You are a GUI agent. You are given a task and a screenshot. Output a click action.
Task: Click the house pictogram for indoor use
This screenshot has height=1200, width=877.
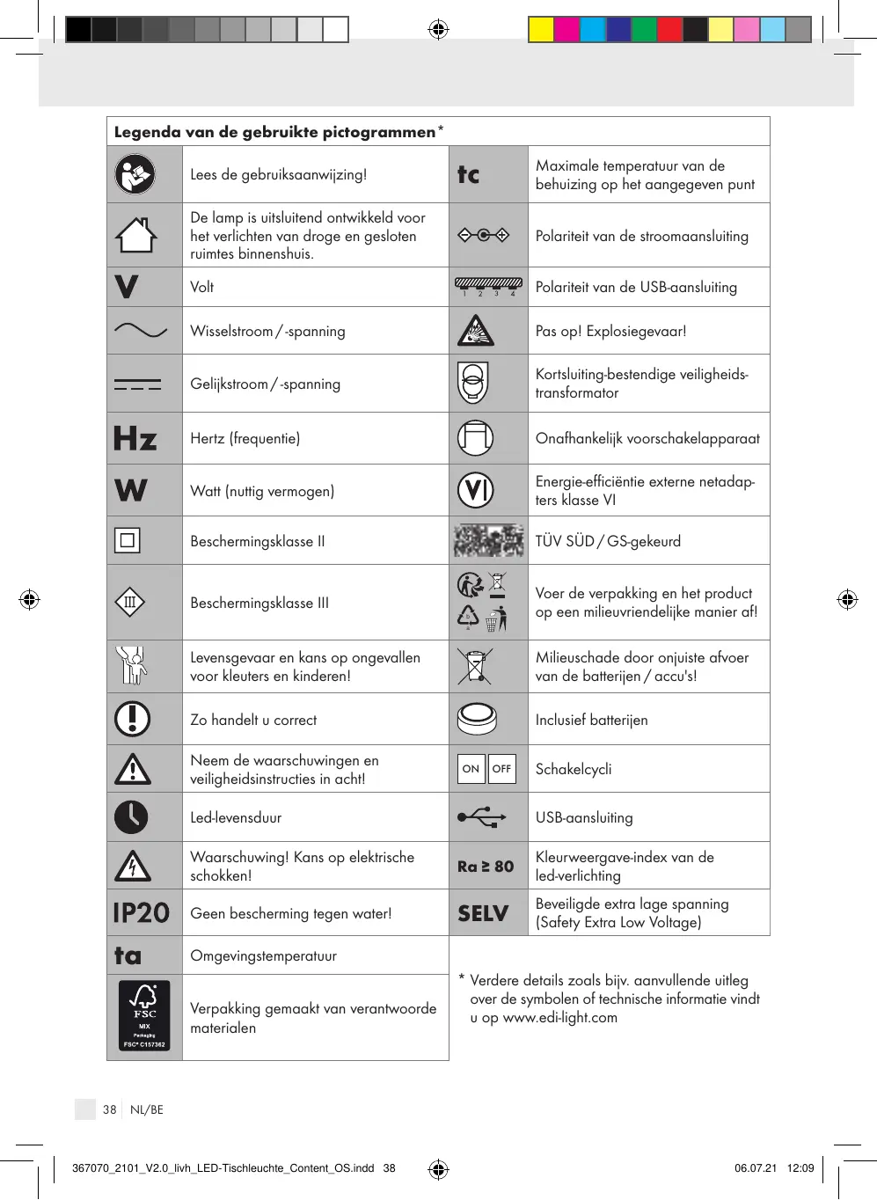click(x=135, y=235)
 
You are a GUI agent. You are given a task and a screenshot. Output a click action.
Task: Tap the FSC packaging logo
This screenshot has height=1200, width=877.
click(x=144, y=1016)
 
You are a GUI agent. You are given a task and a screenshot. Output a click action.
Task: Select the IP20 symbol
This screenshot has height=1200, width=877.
click(x=141, y=912)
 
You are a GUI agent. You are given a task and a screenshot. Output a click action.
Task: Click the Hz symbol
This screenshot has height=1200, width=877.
click(x=135, y=438)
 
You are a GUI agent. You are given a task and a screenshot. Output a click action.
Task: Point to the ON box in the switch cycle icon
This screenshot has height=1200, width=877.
click(x=471, y=769)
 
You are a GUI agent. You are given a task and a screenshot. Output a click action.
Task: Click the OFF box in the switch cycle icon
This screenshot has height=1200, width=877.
click(x=501, y=769)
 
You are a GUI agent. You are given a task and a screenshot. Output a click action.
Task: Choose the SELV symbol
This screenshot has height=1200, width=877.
click(x=483, y=913)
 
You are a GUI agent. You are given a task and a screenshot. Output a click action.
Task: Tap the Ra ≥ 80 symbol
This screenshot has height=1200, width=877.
click(x=486, y=866)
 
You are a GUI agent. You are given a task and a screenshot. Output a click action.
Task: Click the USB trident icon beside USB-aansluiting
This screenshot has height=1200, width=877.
click(x=482, y=817)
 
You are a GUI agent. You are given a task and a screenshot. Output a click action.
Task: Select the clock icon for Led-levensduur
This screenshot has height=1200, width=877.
click(x=132, y=817)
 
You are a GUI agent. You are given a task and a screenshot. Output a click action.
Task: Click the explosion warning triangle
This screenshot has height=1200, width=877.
click(x=475, y=331)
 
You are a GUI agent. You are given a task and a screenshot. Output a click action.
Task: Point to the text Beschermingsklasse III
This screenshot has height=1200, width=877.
click(x=259, y=603)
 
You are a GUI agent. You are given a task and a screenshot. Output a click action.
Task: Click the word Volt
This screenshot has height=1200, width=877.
click(x=202, y=287)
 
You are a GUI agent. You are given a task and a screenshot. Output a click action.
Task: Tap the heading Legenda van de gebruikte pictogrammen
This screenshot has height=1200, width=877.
click(x=274, y=132)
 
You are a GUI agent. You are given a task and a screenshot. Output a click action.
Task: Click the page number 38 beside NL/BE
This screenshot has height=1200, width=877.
click(x=109, y=1109)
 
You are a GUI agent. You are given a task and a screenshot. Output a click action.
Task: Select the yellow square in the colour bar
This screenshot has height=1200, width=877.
click(x=541, y=30)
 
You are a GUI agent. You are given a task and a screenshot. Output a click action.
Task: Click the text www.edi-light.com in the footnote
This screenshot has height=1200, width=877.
click(x=559, y=1017)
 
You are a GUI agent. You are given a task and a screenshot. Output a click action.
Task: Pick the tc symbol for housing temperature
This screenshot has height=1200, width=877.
click(x=469, y=174)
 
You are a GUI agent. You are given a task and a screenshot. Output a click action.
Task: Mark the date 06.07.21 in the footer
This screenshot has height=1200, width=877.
click(x=756, y=1168)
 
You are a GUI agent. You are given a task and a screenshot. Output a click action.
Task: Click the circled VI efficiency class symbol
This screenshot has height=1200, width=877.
click(x=476, y=490)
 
